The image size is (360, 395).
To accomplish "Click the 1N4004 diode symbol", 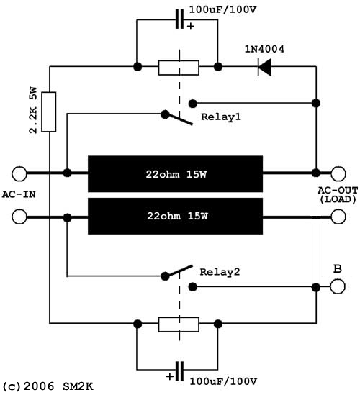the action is (264, 67).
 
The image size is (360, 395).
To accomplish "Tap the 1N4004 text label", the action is (264, 49).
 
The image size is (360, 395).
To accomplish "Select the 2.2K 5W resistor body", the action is (49, 112).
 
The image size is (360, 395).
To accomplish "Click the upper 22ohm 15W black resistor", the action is (175, 174).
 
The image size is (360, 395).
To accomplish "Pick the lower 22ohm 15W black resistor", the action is (175, 216).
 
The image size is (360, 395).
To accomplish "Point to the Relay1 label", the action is (221, 117).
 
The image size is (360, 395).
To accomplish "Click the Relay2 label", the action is (220, 272).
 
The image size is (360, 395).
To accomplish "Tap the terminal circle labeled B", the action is (338, 286).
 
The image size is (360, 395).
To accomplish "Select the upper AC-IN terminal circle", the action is (19, 174).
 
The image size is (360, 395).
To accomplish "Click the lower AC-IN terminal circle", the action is (19, 217).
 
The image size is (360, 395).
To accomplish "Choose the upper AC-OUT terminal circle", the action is (338, 174).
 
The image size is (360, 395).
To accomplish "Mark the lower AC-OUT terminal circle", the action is (338, 217).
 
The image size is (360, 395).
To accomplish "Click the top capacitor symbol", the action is (179, 19).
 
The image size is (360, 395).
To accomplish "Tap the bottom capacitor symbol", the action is (179, 371).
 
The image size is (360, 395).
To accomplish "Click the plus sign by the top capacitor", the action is (191, 26).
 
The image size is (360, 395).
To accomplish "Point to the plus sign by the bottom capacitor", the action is (170, 377).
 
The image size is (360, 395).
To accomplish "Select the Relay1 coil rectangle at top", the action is (179, 68).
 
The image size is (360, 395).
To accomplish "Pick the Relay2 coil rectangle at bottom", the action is (179, 324).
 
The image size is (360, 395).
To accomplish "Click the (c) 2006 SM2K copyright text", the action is (48, 386).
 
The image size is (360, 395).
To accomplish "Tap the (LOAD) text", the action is (338, 199).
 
